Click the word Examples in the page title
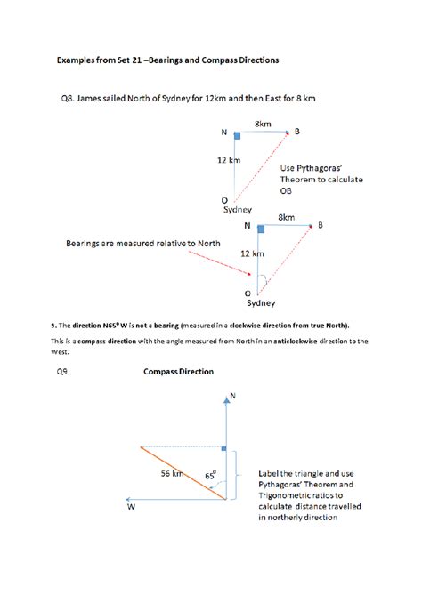click(x=79, y=60)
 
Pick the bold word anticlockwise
click(x=265, y=341)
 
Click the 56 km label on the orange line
click(x=172, y=474)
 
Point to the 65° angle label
click(x=210, y=476)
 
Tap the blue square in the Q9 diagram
click(x=224, y=449)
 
